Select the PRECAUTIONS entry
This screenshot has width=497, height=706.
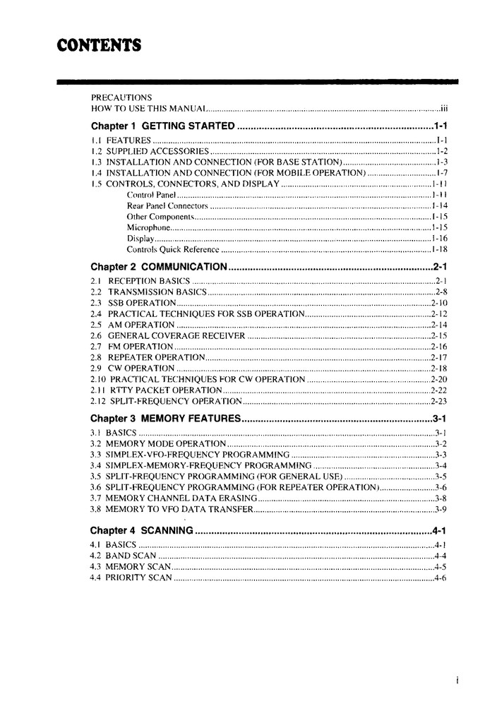point(121,97)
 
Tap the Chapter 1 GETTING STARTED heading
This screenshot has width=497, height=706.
point(162,126)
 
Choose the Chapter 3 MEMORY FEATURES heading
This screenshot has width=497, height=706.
point(166,418)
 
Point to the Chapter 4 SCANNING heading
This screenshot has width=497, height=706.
point(142,530)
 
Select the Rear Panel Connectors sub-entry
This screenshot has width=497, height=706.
point(167,205)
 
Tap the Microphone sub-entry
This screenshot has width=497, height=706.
point(148,227)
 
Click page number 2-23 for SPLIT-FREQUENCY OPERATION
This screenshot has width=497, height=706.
point(439,401)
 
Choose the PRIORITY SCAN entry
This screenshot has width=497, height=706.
point(138,578)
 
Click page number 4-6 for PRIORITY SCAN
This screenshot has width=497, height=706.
point(441,578)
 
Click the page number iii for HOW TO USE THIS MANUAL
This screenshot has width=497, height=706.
point(444,108)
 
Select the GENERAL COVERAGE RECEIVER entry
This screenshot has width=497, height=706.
point(176,335)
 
